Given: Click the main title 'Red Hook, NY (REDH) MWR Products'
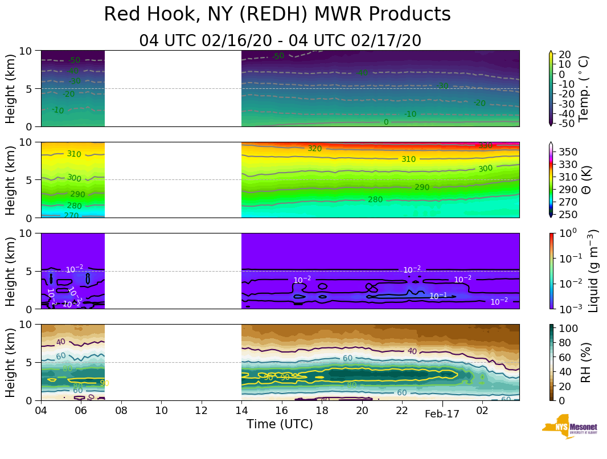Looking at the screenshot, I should click(277, 15).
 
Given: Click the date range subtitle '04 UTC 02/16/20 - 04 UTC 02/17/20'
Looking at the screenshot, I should click(280, 41).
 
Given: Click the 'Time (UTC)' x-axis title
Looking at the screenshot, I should click(280, 424).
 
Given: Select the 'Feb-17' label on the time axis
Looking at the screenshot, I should click(442, 415).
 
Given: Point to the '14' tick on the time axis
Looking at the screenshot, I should click(241, 410).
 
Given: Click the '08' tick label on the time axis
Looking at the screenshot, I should click(121, 410).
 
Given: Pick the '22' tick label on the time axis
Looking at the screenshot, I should click(402, 410).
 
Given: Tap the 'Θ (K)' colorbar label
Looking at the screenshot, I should click(584, 179).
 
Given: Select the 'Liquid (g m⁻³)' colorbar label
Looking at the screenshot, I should click(593, 271).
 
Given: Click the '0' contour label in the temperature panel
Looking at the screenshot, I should click(386, 122).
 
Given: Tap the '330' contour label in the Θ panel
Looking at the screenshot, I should click(485, 146).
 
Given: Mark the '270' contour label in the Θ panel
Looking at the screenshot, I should click(71, 215).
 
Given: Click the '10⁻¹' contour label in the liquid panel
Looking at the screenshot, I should click(438, 296).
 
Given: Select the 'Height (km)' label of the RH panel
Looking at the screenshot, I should click(11, 362).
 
